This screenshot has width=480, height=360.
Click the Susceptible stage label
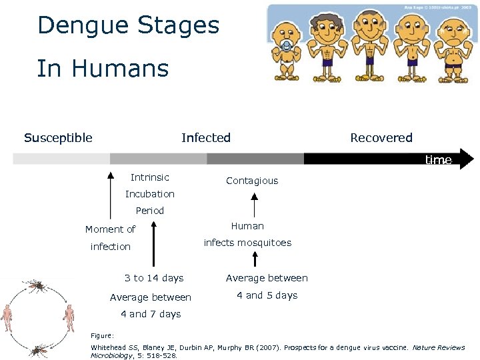pos(58,138)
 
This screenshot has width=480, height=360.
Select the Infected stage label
pos(206,138)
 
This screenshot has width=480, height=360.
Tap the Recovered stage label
pos(381,138)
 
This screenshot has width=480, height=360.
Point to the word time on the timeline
pos(438,160)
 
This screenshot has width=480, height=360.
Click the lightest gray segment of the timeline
pos(61,159)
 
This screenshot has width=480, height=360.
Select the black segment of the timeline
pos(373,159)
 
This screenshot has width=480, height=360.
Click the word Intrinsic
pos(150,177)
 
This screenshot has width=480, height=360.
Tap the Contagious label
pos(252,181)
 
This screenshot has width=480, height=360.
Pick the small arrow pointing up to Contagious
pos(253,204)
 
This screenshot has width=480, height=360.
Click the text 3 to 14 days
pos(154,278)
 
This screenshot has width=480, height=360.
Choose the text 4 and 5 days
pos(267,295)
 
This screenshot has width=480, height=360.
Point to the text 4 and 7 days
pos(151,314)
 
